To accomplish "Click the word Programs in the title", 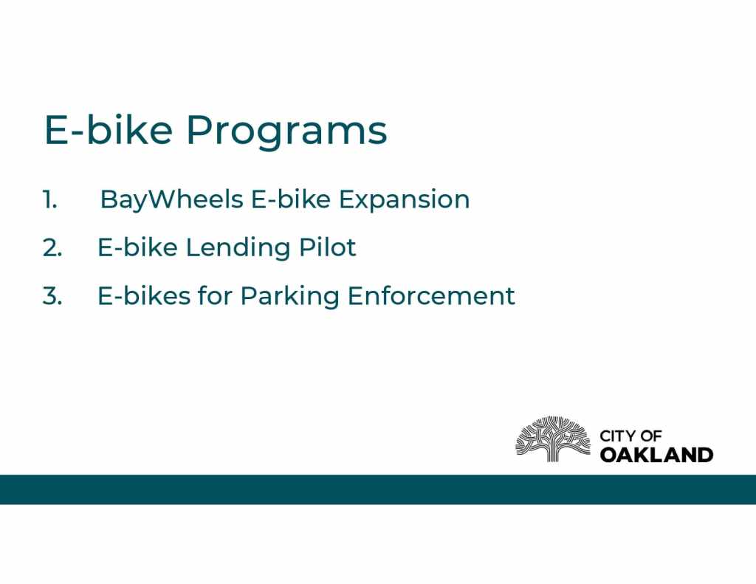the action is click(287, 131).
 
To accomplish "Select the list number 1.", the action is click(49, 199).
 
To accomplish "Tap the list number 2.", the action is click(52, 247).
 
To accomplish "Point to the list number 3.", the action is click(52, 295).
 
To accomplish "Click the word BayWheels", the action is click(171, 200).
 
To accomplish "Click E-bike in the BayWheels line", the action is click(291, 199).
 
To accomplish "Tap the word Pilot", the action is click(327, 247).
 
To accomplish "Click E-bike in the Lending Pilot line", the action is click(137, 247).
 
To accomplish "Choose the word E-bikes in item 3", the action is click(144, 295).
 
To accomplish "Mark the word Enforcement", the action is click(431, 295).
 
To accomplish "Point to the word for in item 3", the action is click(215, 295).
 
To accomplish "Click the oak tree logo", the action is click(553, 439).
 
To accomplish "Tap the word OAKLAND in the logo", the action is click(656, 455).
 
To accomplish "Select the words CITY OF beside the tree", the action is click(630, 436).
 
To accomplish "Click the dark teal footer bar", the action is click(378, 489).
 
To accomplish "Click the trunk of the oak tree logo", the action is click(553, 451).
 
